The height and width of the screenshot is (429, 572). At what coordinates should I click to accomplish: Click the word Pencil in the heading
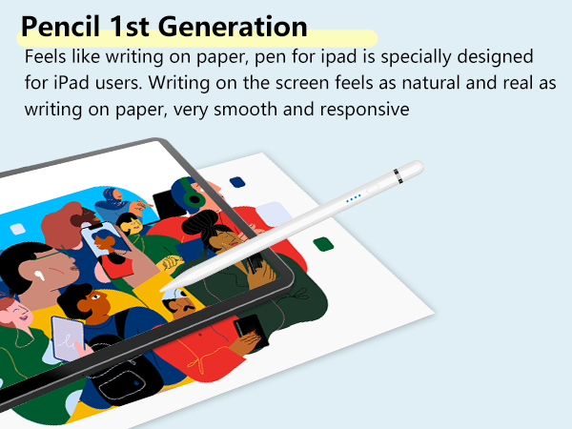click(61, 26)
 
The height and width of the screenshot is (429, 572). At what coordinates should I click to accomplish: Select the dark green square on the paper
click(323, 244)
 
